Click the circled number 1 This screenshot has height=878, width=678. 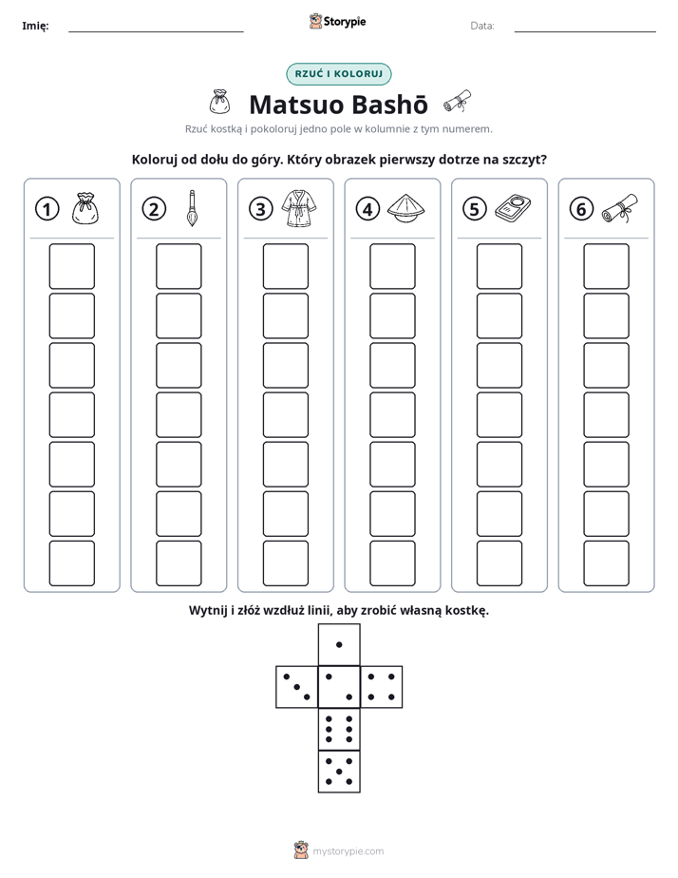click(x=47, y=209)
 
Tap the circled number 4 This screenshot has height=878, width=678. click(x=367, y=209)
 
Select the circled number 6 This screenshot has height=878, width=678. click(x=581, y=209)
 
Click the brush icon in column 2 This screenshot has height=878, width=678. click(x=192, y=208)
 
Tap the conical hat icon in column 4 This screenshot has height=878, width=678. click(x=405, y=208)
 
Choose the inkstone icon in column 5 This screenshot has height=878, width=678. click(x=513, y=208)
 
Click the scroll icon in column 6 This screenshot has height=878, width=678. click(x=620, y=208)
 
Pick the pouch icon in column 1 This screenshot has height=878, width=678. click(x=85, y=208)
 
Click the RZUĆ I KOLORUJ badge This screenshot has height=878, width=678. click(x=338, y=74)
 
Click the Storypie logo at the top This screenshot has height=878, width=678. click(x=337, y=22)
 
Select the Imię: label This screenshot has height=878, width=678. click(x=35, y=26)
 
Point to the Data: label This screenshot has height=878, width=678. click(x=482, y=26)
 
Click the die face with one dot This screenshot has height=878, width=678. click(x=339, y=644)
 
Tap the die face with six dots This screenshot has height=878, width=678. click(x=339, y=729)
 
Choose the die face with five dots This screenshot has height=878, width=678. click(x=339, y=772)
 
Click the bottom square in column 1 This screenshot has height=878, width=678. click(x=71, y=563)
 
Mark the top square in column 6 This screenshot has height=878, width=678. click(x=607, y=266)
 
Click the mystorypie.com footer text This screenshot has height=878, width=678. click(x=348, y=851)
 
